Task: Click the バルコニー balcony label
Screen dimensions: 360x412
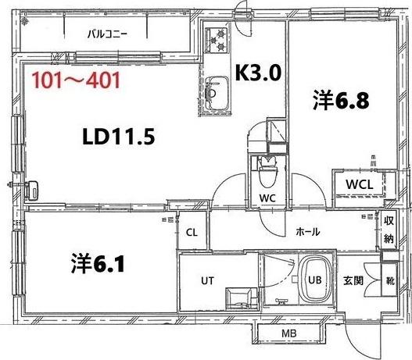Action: [x=106, y=34]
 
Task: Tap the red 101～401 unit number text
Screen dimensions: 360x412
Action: [x=75, y=80]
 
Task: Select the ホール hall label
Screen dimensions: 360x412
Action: [x=307, y=232]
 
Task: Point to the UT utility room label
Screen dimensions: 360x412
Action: [x=208, y=280]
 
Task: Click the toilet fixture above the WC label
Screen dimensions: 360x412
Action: [x=266, y=169]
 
